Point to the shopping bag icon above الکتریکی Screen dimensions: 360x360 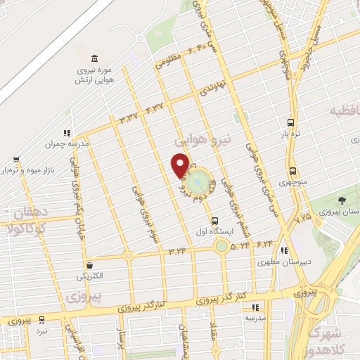(x=90, y=265)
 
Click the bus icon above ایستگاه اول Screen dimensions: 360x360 (x=214, y=219)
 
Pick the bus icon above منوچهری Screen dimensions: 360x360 (x=292, y=171)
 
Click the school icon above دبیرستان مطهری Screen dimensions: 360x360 (x=283, y=250)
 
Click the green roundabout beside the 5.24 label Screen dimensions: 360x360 (x=222, y=246)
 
